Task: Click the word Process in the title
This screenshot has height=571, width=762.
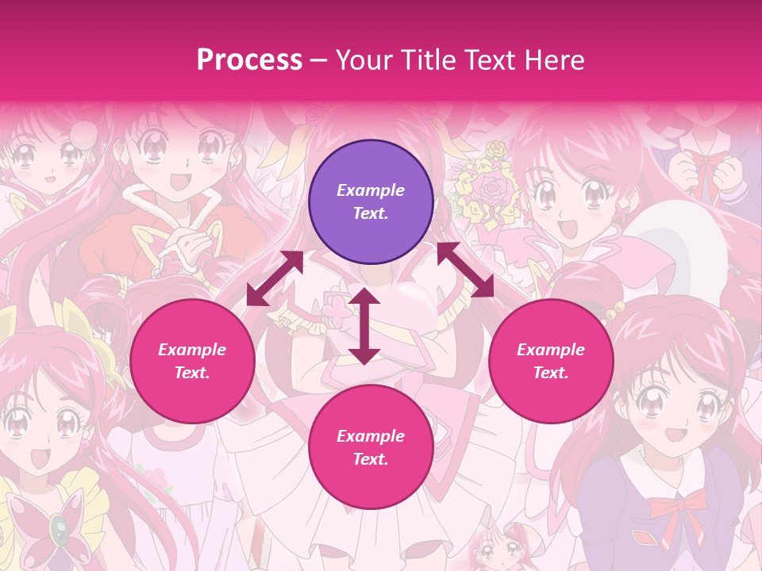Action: pyautogui.click(x=249, y=60)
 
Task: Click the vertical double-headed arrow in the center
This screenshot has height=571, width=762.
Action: pyautogui.click(x=364, y=327)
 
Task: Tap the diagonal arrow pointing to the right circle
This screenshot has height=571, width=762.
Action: pyautogui.click(x=465, y=270)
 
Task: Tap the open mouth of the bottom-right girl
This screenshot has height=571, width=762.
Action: pyautogui.click(x=675, y=434)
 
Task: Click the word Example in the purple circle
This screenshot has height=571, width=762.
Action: pyautogui.click(x=371, y=190)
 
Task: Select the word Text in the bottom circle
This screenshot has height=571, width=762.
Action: pyautogui.click(x=371, y=459)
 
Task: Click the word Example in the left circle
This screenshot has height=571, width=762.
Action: pyautogui.click(x=192, y=350)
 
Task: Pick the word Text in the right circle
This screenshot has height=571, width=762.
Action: pyautogui.click(x=551, y=373)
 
